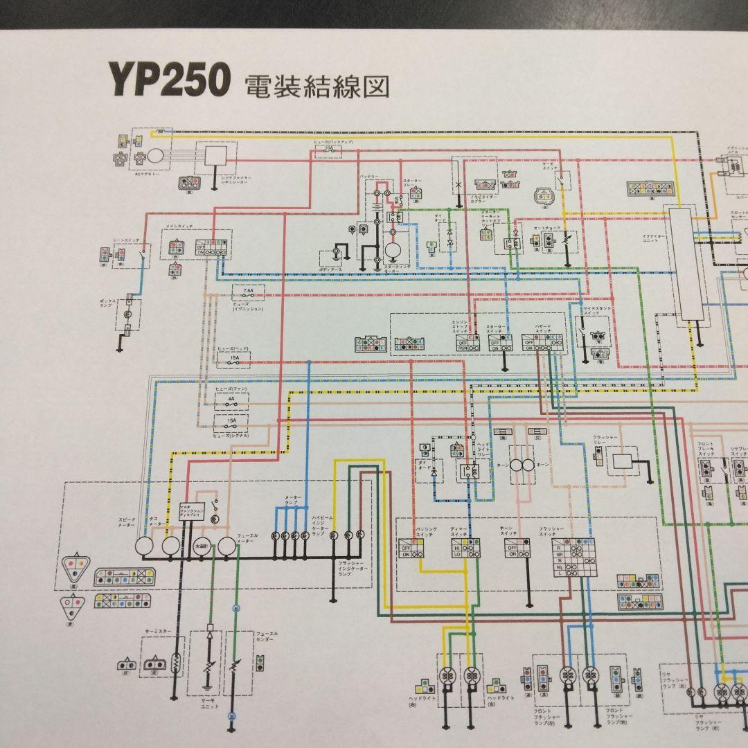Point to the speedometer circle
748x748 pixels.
click(145, 546)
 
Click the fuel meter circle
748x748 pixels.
click(227, 546)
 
